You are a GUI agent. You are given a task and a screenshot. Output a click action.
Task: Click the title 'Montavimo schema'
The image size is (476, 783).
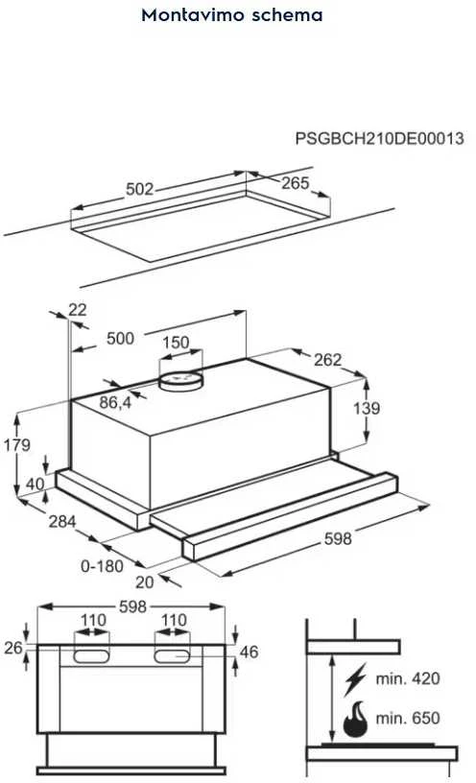[x=232, y=15]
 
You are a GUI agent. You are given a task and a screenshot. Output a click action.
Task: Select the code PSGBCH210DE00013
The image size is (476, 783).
[x=380, y=138]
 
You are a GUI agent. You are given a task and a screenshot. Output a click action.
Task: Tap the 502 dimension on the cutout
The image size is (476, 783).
[x=140, y=189]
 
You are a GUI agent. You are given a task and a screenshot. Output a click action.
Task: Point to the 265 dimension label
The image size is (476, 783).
[x=296, y=182]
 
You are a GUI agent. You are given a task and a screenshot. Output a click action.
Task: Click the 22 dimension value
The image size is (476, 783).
[x=78, y=310]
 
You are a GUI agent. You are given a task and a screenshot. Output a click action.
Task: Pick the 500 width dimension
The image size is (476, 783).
[x=120, y=338]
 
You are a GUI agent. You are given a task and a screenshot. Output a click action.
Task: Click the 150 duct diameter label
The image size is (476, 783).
[x=176, y=342]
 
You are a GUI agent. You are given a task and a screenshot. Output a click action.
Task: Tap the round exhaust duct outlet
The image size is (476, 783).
[x=181, y=381]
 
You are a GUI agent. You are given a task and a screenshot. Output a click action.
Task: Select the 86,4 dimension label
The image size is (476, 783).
[x=115, y=402]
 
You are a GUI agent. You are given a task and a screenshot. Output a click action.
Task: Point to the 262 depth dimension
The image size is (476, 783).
[x=327, y=360]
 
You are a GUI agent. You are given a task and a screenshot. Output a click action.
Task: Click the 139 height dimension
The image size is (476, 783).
[x=367, y=408]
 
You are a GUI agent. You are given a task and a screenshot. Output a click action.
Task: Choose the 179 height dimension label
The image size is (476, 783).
[x=17, y=444]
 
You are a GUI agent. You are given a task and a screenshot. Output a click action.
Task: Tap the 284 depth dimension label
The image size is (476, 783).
[x=62, y=521]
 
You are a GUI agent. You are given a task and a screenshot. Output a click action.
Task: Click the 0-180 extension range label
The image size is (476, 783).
[x=102, y=566]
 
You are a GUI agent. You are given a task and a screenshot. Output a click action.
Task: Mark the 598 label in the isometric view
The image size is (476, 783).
[x=338, y=538]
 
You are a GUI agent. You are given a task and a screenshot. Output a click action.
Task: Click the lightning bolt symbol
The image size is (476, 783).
[x=355, y=679]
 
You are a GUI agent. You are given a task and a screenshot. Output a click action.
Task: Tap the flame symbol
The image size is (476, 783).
[x=355, y=720]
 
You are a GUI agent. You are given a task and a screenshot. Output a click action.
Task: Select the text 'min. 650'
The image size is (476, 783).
[x=408, y=718]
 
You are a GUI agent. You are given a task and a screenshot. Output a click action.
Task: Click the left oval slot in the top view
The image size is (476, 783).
[x=91, y=656]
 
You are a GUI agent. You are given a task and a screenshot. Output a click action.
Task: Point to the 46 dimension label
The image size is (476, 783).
[x=249, y=652]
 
